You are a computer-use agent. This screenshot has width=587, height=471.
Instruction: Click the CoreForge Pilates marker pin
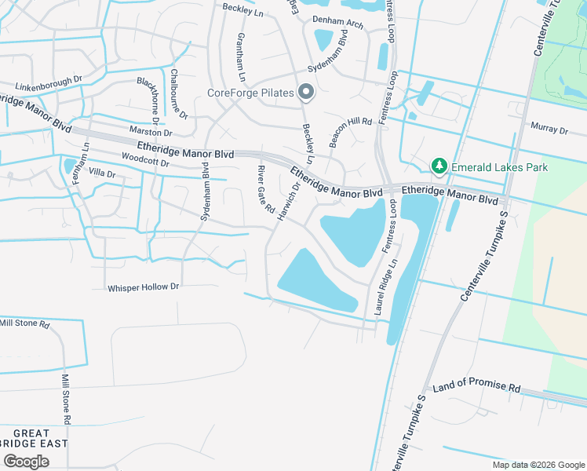(306, 93)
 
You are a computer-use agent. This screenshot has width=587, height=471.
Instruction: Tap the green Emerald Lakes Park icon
(439, 166)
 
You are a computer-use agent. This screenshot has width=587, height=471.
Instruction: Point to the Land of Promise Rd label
(477, 388)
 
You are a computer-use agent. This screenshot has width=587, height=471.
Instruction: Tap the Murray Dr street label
(549, 128)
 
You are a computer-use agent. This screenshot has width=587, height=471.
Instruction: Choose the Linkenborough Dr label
(48, 82)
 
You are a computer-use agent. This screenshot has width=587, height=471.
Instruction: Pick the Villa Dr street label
(102, 173)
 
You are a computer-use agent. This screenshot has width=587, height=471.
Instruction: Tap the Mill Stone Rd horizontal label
(24, 323)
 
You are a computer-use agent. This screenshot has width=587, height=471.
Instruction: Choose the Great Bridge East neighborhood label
(31, 438)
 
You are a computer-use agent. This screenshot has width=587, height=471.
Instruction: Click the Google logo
(26, 461)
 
